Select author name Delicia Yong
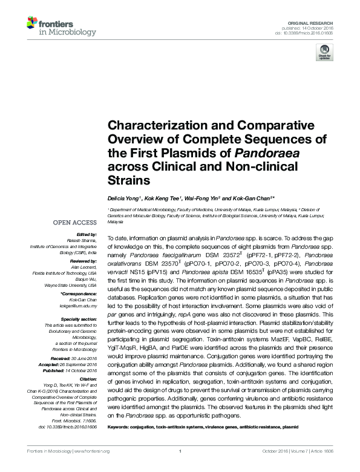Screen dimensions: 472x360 pos(124,197)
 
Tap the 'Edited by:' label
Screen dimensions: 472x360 pos(88,234)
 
